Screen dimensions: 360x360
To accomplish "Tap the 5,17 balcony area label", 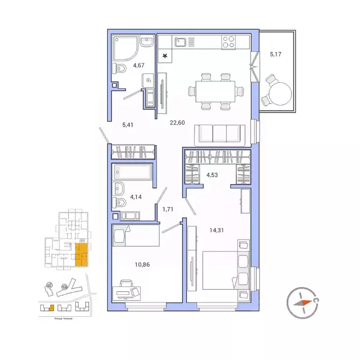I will (x=277, y=53).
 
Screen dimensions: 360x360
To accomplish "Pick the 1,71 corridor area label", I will (x=168, y=209).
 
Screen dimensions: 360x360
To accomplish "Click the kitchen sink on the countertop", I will (x=181, y=43).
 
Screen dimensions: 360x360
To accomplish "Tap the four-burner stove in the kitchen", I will (x=228, y=43).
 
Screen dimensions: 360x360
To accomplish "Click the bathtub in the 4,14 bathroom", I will (x=133, y=172).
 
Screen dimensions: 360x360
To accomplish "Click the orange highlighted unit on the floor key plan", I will (x=81, y=255).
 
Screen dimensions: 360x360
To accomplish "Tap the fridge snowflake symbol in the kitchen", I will (x=165, y=57).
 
